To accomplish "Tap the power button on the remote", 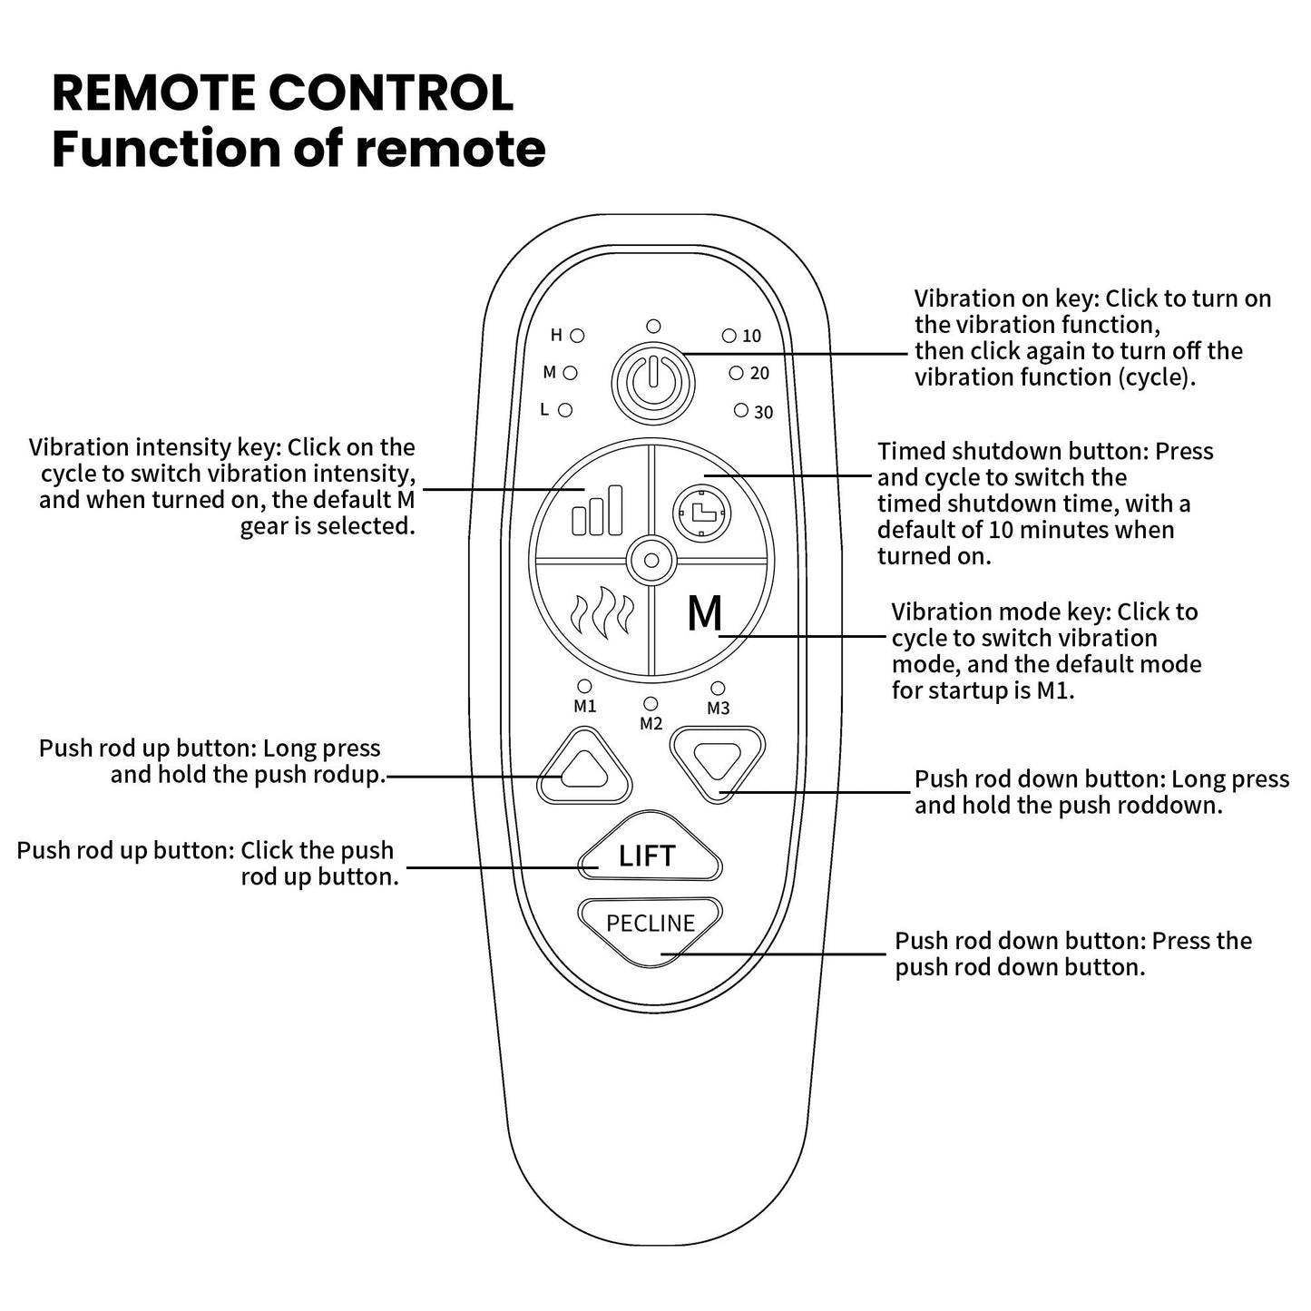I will tap(652, 383).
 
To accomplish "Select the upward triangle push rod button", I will tap(583, 768).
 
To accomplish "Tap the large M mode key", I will tap(704, 614).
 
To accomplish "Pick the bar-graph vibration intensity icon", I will tap(598, 510).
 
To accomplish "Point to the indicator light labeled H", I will tap(577, 336).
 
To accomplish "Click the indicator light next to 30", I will tap(741, 411).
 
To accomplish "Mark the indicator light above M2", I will tap(651, 704).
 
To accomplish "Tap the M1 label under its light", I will tap(585, 707).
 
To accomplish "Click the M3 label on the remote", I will tap(718, 709).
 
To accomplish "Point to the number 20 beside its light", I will tap(759, 374).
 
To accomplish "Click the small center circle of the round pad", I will tap(651, 561).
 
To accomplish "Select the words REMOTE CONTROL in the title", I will tap(282, 93).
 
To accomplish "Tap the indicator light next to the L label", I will tap(565, 410).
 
